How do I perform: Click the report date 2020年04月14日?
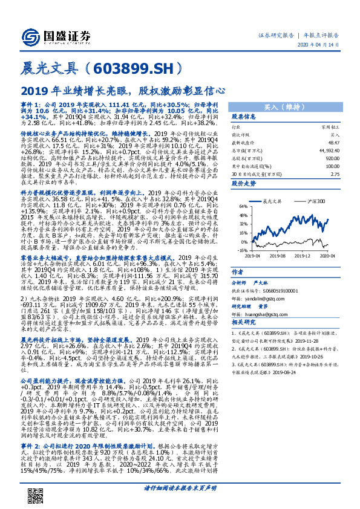pyautogui.click(x=324, y=46)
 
